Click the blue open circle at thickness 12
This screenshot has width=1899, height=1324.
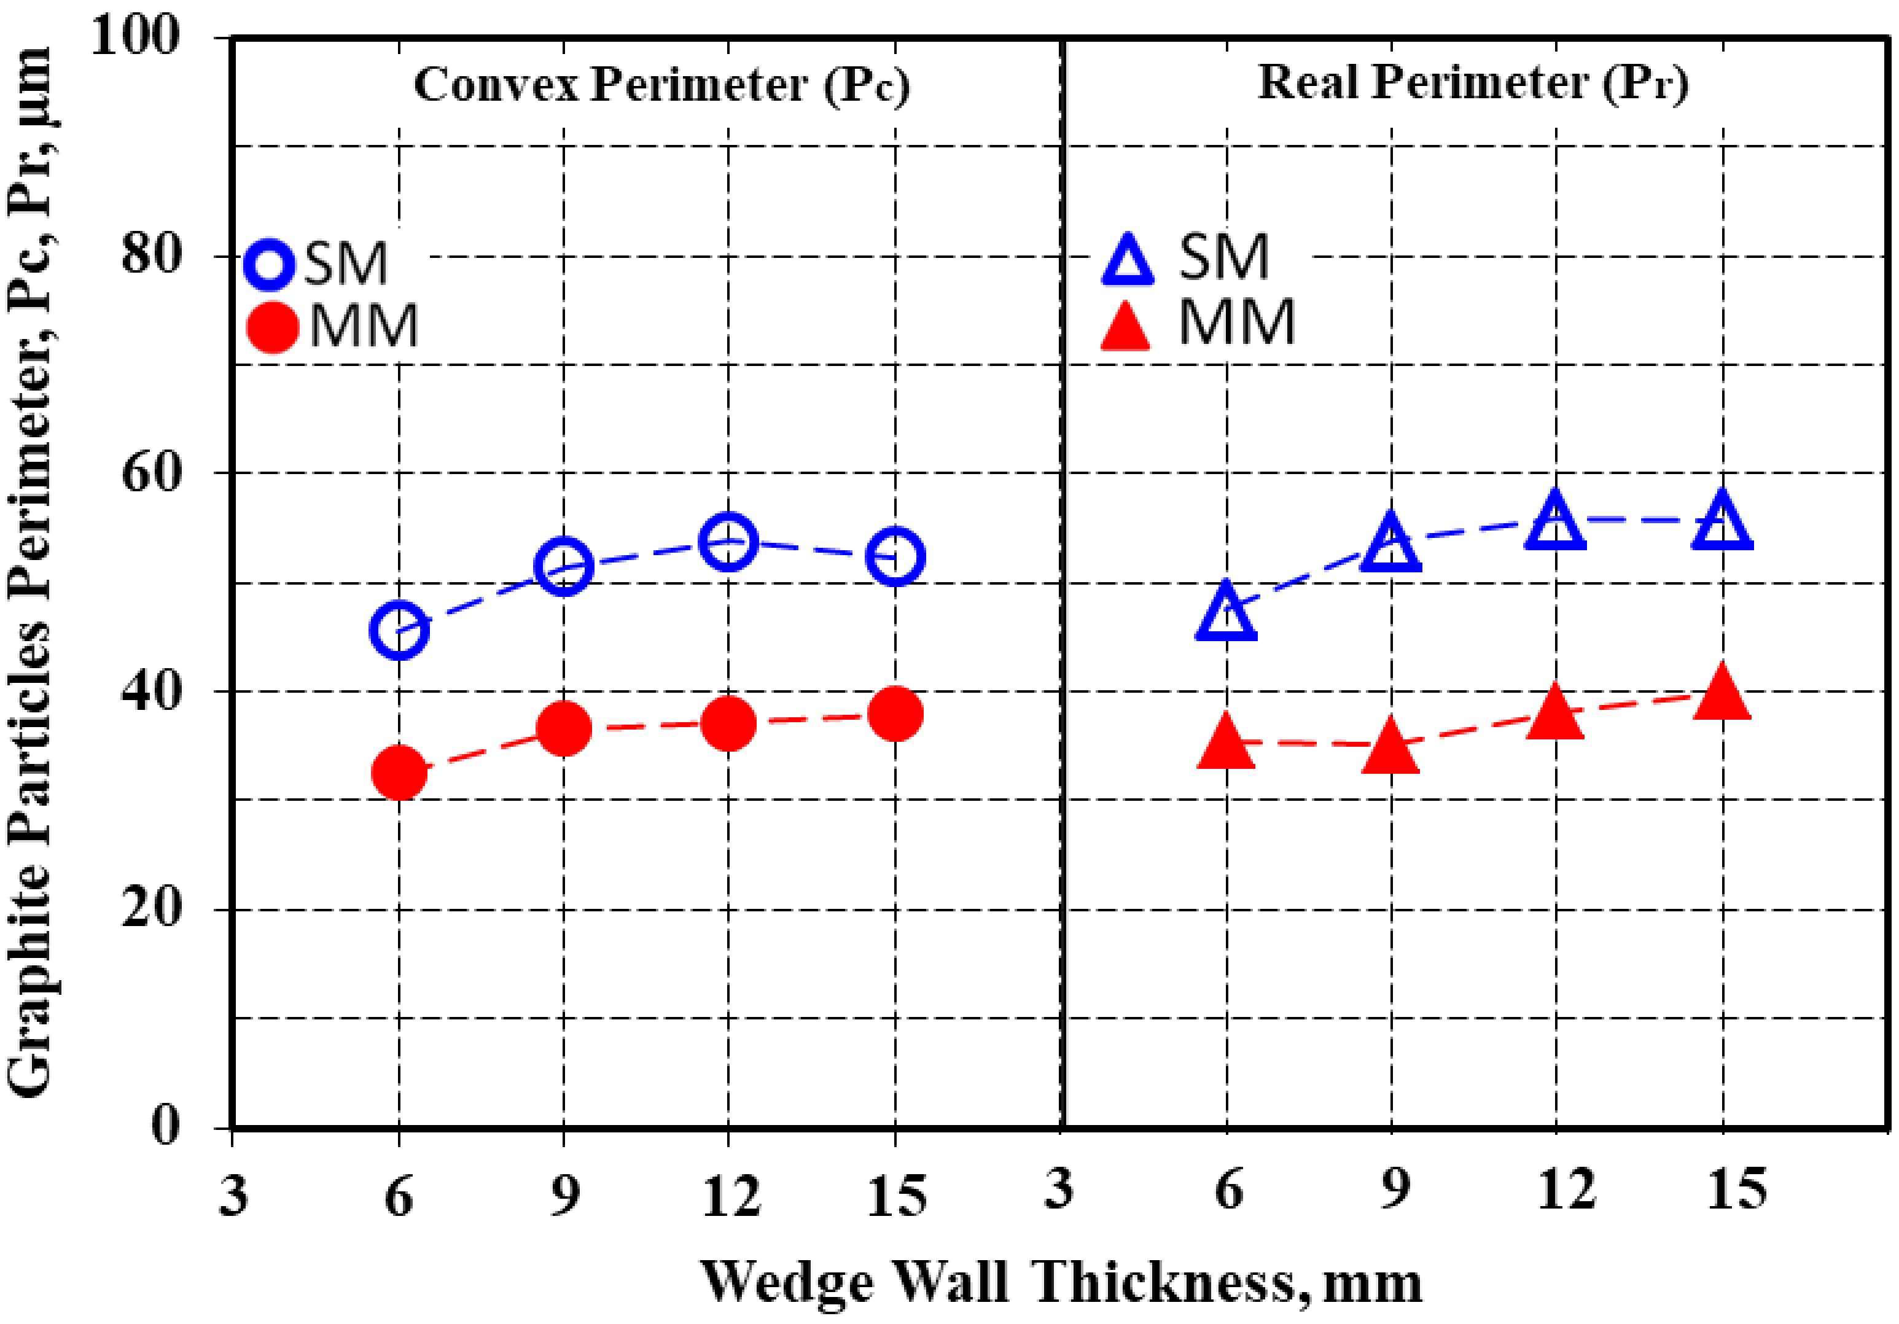(x=728, y=542)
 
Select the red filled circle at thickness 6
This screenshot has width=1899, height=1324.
(x=399, y=771)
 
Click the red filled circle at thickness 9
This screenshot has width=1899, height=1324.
(x=564, y=728)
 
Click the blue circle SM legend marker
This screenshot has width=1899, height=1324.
(x=270, y=265)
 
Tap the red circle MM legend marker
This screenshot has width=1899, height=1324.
(x=272, y=327)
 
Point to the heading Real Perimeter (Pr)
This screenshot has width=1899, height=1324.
(x=1473, y=84)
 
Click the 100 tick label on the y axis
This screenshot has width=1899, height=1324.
(x=136, y=37)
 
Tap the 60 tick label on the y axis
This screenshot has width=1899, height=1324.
(x=151, y=474)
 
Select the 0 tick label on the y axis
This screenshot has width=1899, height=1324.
(x=165, y=1126)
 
